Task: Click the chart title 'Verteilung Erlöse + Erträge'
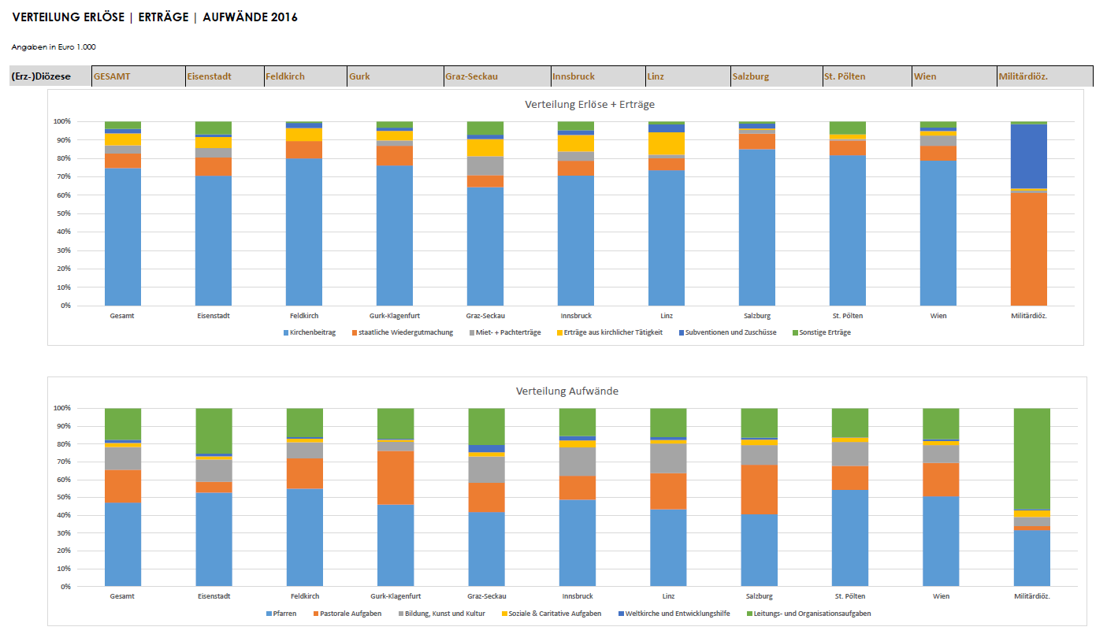pyautogui.click(x=589, y=104)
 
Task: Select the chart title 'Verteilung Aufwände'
pyautogui.click(x=567, y=391)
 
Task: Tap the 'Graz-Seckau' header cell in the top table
pyautogui.click(x=471, y=76)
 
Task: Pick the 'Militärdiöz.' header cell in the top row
pyautogui.click(x=1023, y=76)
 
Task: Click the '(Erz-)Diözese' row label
pyautogui.click(x=41, y=76)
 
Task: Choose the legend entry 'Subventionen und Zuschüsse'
pyautogui.click(x=730, y=332)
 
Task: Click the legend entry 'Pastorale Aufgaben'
pyautogui.click(x=350, y=613)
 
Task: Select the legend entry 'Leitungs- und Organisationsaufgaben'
pyautogui.click(x=812, y=613)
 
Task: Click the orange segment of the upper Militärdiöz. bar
pyautogui.click(x=1029, y=249)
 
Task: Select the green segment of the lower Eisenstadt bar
pyautogui.click(x=214, y=430)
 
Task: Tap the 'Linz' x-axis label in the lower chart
pyautogui.click(x=668, y=596)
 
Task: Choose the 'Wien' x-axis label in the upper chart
pyautogui.click(x=938, y=316)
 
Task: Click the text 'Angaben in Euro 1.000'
pyautogui.click(x=54, y=47)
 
